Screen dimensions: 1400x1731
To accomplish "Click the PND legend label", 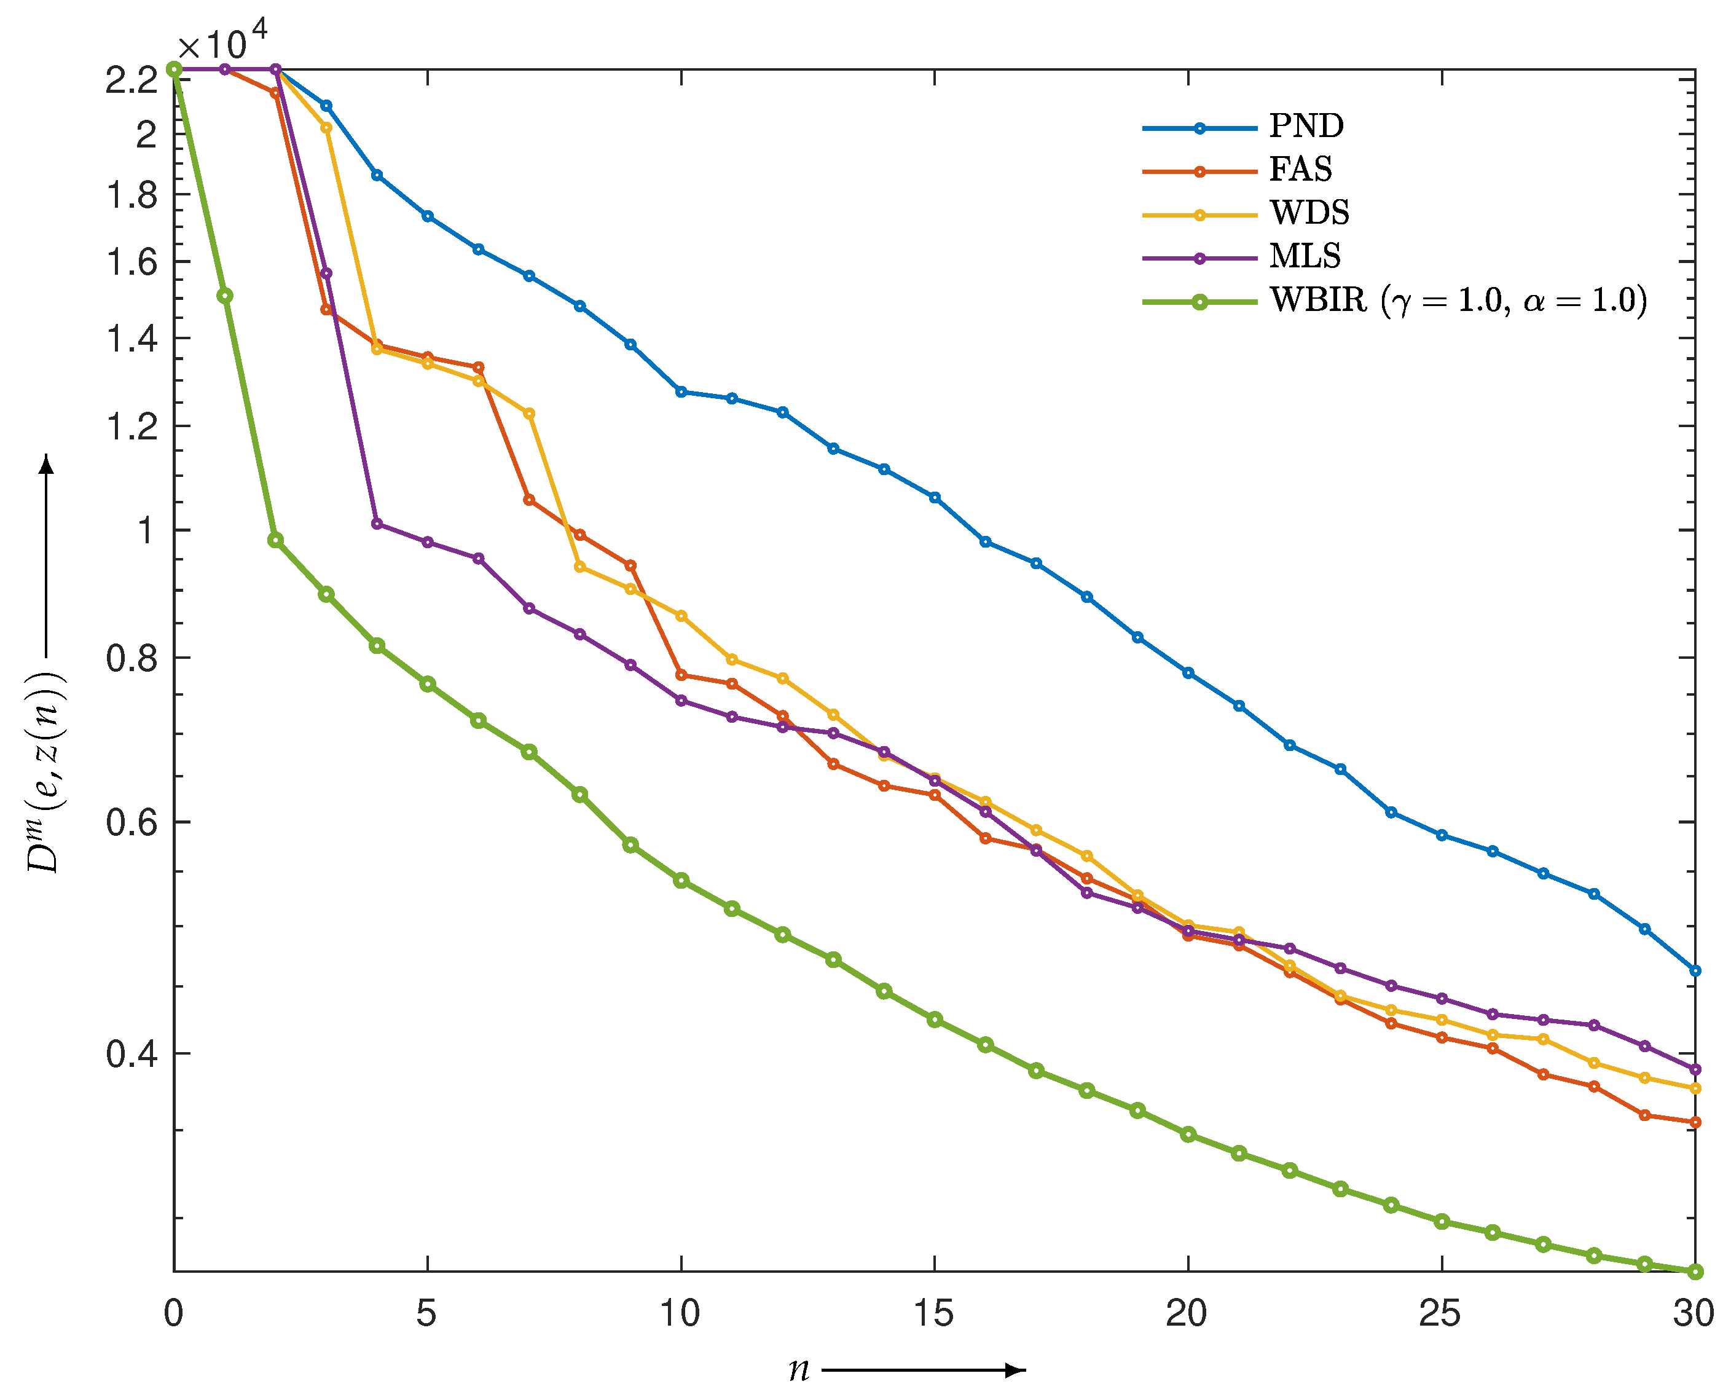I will [x=1306, y=126].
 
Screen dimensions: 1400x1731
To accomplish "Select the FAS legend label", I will [x=1300, y=170].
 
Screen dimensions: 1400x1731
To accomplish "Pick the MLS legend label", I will [x=1305, y=256].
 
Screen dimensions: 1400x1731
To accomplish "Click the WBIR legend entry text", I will [x=1458, y=301].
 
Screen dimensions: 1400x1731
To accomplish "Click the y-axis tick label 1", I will [x=145, y=530].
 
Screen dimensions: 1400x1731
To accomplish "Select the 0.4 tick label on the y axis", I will [x=131, y=1054].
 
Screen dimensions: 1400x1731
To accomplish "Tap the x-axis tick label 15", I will [x=933, y=1314].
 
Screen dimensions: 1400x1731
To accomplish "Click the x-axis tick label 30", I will [x=1693, y=1314].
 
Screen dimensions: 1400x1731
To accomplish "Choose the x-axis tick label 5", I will [x=426, y=1314].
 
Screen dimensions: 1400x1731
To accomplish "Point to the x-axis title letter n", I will [x=798, y=1369].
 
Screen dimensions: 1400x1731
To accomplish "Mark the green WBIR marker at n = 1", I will [x=225, y=296].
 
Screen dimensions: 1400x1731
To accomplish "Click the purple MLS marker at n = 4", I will [x=377, y=524].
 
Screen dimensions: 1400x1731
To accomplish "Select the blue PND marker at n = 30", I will [x=1695, y=971].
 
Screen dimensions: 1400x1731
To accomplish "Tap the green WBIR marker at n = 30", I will [x=1695, y=1272].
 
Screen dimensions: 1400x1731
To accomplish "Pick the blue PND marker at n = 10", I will [x=681, y=392].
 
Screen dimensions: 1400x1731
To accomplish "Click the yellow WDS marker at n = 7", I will [x=529, y=414].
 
